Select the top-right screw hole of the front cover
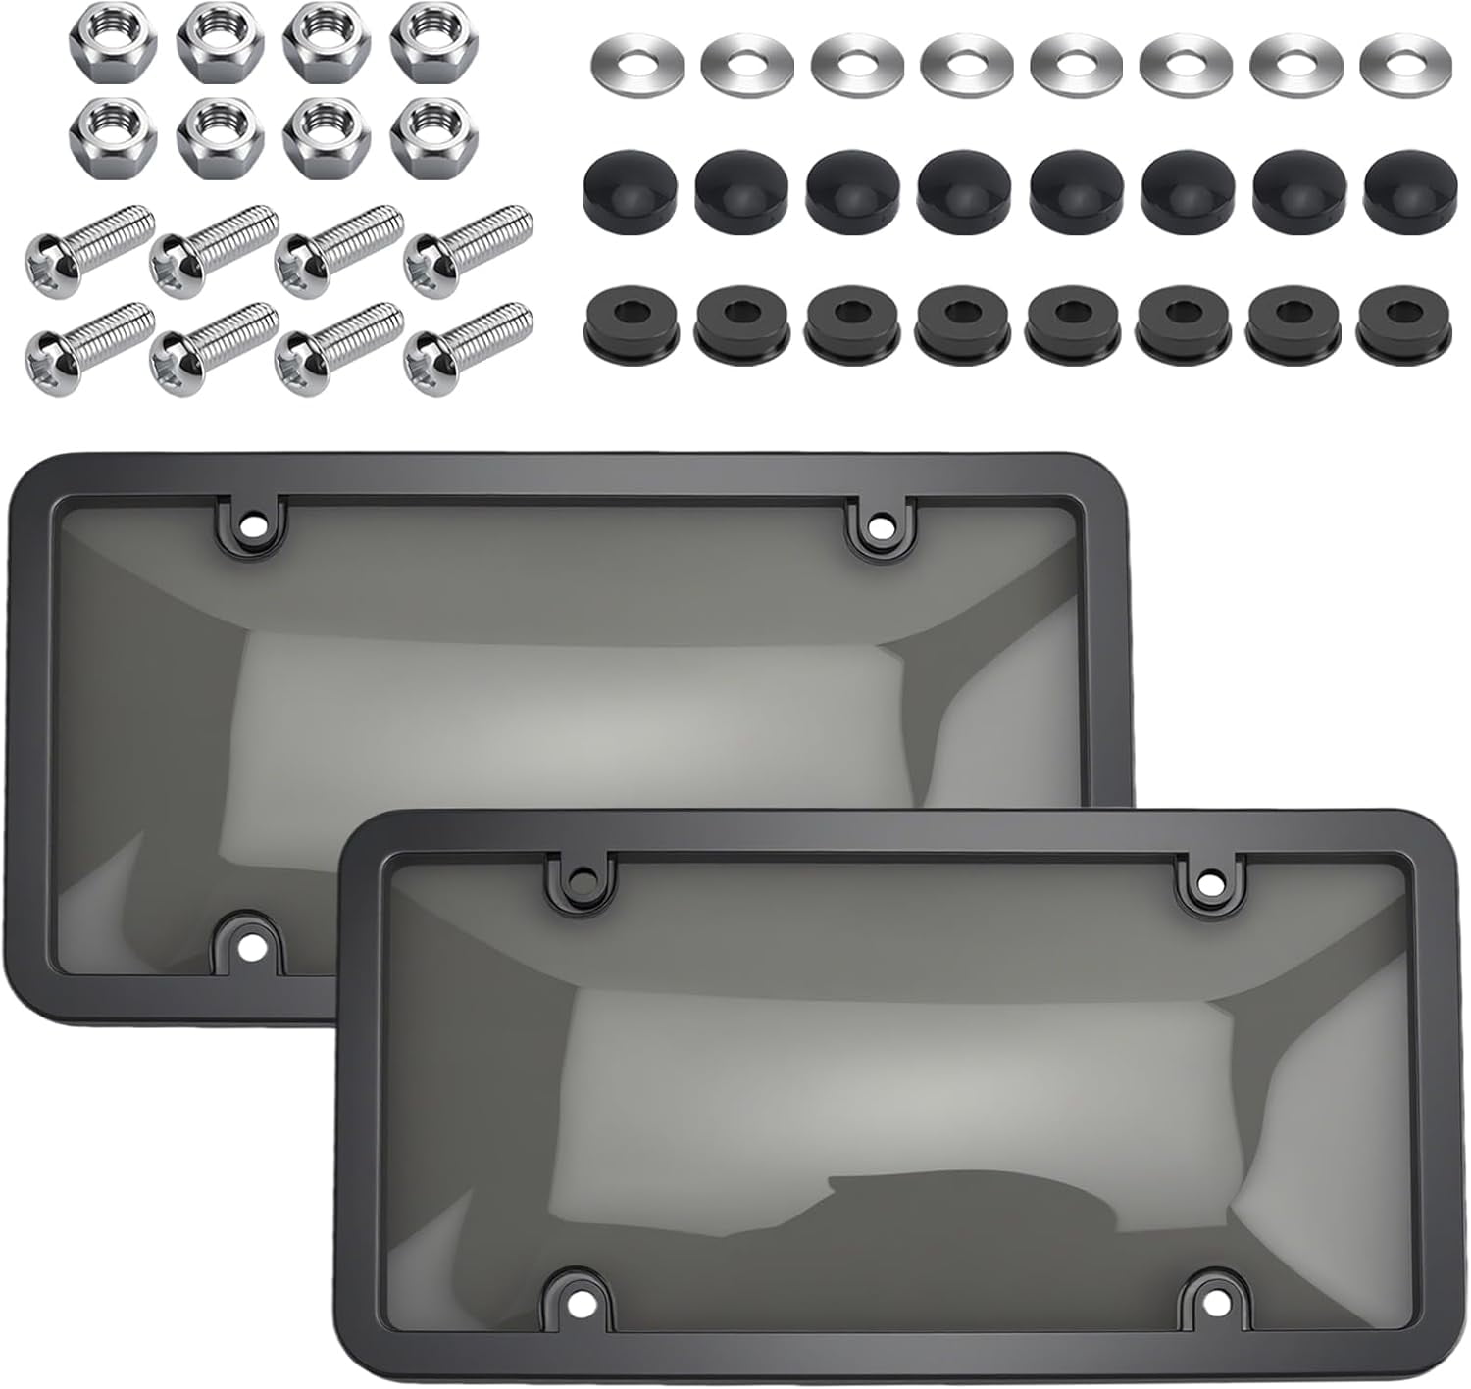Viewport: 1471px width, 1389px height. pos(1214,882)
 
